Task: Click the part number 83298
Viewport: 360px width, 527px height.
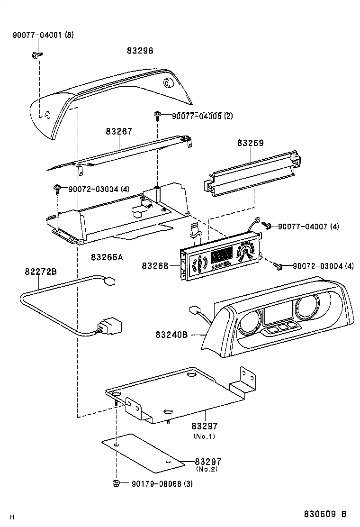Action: pyautogui.click(x=140, y=51)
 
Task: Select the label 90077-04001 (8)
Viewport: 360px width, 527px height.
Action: pyautogui.click(x=43, y=35)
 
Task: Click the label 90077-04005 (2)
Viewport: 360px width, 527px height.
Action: pyautogui.click(x=202, y=116)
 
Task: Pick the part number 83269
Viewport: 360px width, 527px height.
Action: pyautogui.click(x=250, y=143)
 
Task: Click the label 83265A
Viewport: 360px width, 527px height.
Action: pyautogui.click(x=107, y=257)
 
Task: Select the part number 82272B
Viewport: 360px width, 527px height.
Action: pyautogui.click(x=41, y=272)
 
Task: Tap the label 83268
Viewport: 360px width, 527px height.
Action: pyautogui.click(x=155, y=266)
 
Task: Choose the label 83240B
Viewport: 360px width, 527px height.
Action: pyautogui.click(x=171, y=335)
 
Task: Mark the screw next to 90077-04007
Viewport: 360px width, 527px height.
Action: pyautogui.click(x=267, y=226)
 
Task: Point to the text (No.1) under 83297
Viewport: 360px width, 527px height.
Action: pyautogui.click(x=205, y=436)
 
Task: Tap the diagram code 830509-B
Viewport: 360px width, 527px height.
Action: pyautogui.click(x=325, y=514)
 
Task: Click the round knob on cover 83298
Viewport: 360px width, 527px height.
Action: pyautogui.click(x=168, y=83)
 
